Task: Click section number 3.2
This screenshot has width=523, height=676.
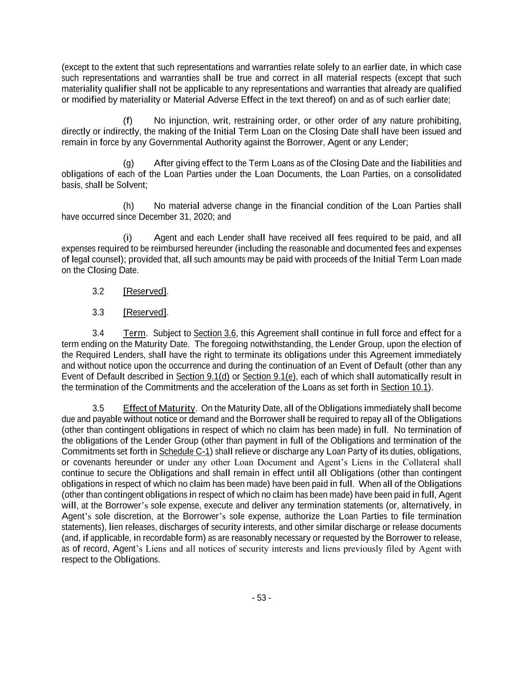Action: [x=98, y=291]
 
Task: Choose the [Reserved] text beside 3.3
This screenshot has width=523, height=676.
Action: [x=145, y=312]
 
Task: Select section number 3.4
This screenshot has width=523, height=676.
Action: [x=98, y=333]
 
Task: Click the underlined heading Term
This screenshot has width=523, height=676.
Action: [x=134, y=333]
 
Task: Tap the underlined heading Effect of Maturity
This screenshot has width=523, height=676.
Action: [x=159, y=409]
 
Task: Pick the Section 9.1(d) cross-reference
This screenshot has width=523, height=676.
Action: [x=202, y=376]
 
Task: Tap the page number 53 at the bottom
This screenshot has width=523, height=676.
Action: [x=261, y=598]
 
